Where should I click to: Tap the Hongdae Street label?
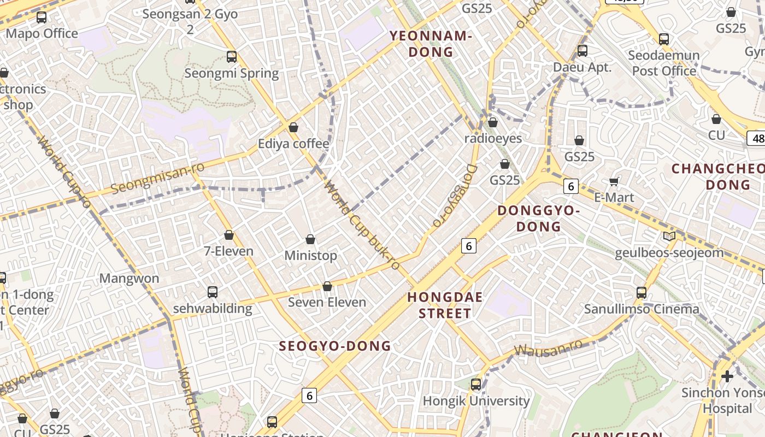445,305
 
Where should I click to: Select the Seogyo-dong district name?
335,346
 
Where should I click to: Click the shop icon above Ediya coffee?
293,127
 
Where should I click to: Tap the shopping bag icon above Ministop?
310,239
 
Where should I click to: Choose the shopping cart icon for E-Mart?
614,181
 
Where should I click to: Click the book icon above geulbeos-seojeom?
669,237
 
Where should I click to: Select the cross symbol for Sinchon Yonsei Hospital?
727,376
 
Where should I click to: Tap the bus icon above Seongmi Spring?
232,56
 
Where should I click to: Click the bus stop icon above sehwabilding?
213,292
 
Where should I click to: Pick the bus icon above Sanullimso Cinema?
642,292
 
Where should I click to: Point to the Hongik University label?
476,401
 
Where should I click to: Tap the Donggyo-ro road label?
455,195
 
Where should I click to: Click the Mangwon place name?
129,278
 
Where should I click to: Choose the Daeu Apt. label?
582,67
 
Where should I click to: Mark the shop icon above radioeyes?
493,122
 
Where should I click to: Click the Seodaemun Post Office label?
664,63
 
